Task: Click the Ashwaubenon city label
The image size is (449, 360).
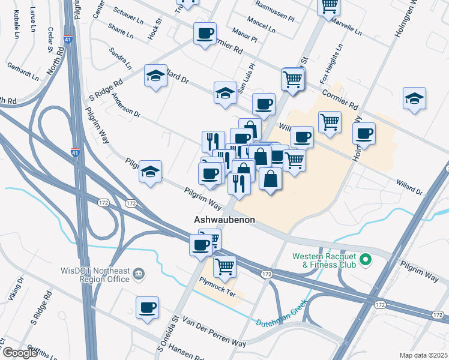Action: click(x=224, y=220)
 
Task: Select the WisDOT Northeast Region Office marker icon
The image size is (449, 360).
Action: click(x=139, y=274)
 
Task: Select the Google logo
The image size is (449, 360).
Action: click(x=20, y=353)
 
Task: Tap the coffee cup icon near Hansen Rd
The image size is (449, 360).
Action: click(x=147, y=308)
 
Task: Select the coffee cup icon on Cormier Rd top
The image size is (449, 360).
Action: click(x=205, y=33)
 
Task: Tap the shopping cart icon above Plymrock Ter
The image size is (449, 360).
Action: click(x=224, y=266)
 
